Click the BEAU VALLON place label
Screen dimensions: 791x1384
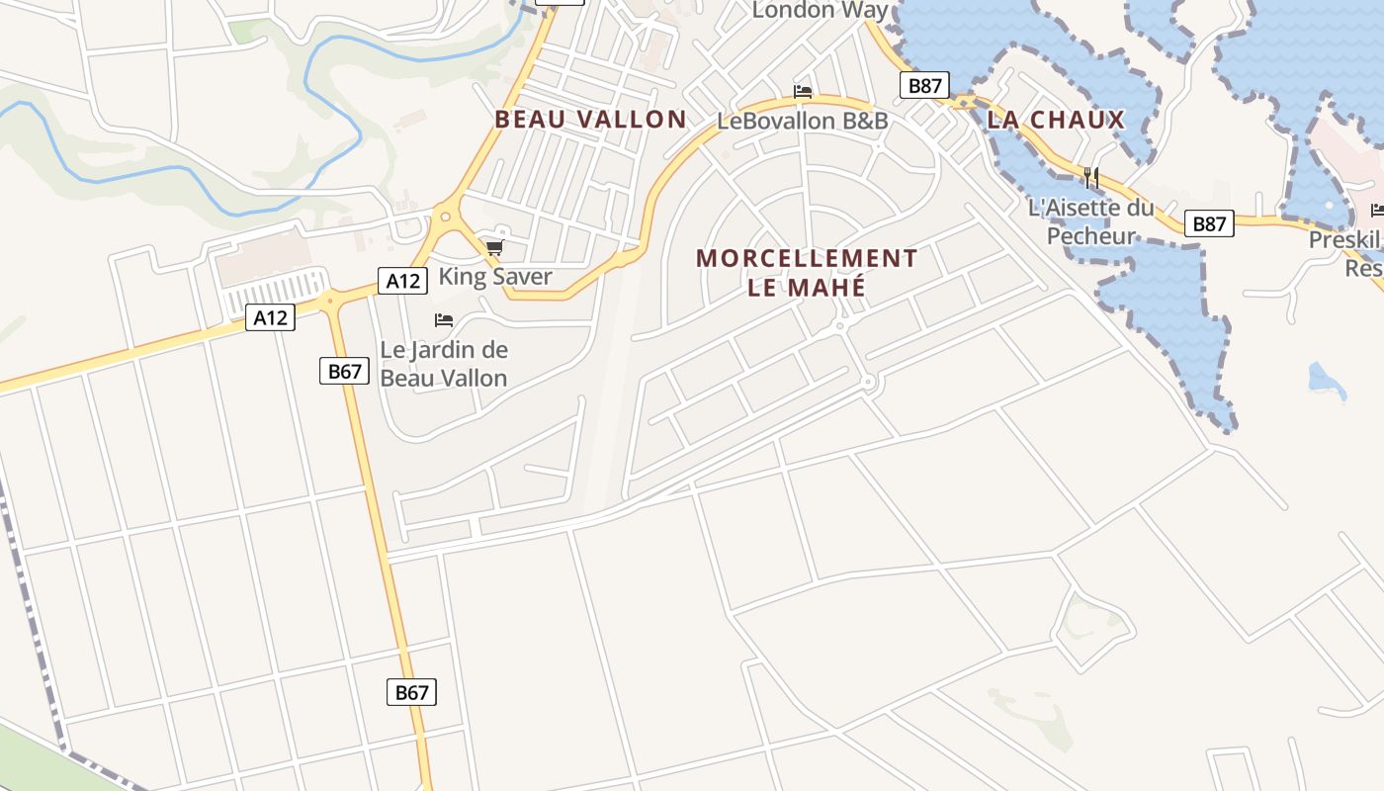point(590,120)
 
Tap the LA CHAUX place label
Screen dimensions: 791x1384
point(1056,121)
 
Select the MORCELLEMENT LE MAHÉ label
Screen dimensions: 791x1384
point(807,273)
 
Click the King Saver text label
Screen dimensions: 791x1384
point(495,276)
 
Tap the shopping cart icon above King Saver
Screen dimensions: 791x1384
point(494,247)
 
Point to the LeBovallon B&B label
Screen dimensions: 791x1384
point(803,121)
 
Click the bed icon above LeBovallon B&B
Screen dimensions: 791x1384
point(803,92)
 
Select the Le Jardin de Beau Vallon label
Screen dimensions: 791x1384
point(444,364)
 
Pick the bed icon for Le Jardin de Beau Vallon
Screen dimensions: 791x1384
point(444,320)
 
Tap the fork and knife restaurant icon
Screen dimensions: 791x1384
point(1091,178)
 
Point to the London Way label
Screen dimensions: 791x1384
point(821,10)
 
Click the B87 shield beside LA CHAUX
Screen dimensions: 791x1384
point(924,86)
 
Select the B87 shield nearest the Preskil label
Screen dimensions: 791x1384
point(1209,223)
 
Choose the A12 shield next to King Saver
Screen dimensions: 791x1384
point(403,281)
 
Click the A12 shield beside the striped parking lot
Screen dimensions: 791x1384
point(270,317)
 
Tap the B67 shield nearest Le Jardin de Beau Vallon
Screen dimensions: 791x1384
point(344,372)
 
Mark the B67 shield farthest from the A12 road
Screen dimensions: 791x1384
point(411,692)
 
